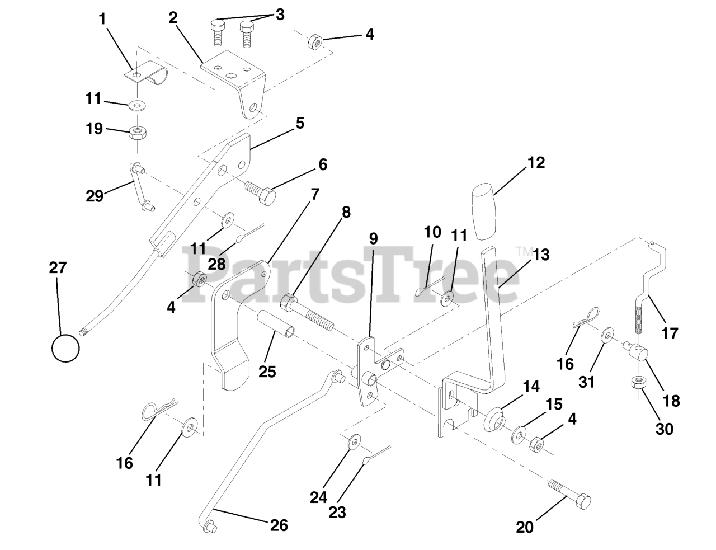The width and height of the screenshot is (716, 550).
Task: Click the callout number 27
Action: [58, 268]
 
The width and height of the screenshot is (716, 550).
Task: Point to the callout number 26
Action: [279, 525]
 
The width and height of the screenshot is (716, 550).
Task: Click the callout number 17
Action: [669, 333]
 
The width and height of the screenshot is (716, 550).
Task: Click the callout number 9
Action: [373, 238]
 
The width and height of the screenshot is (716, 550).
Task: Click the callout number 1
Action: [102, 18]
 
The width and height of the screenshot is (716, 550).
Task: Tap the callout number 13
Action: [541, 255]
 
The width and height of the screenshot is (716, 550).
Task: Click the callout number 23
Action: [337, 511]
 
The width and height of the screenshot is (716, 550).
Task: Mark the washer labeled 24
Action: [354, 443]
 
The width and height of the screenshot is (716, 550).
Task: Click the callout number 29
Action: [95, 196]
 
